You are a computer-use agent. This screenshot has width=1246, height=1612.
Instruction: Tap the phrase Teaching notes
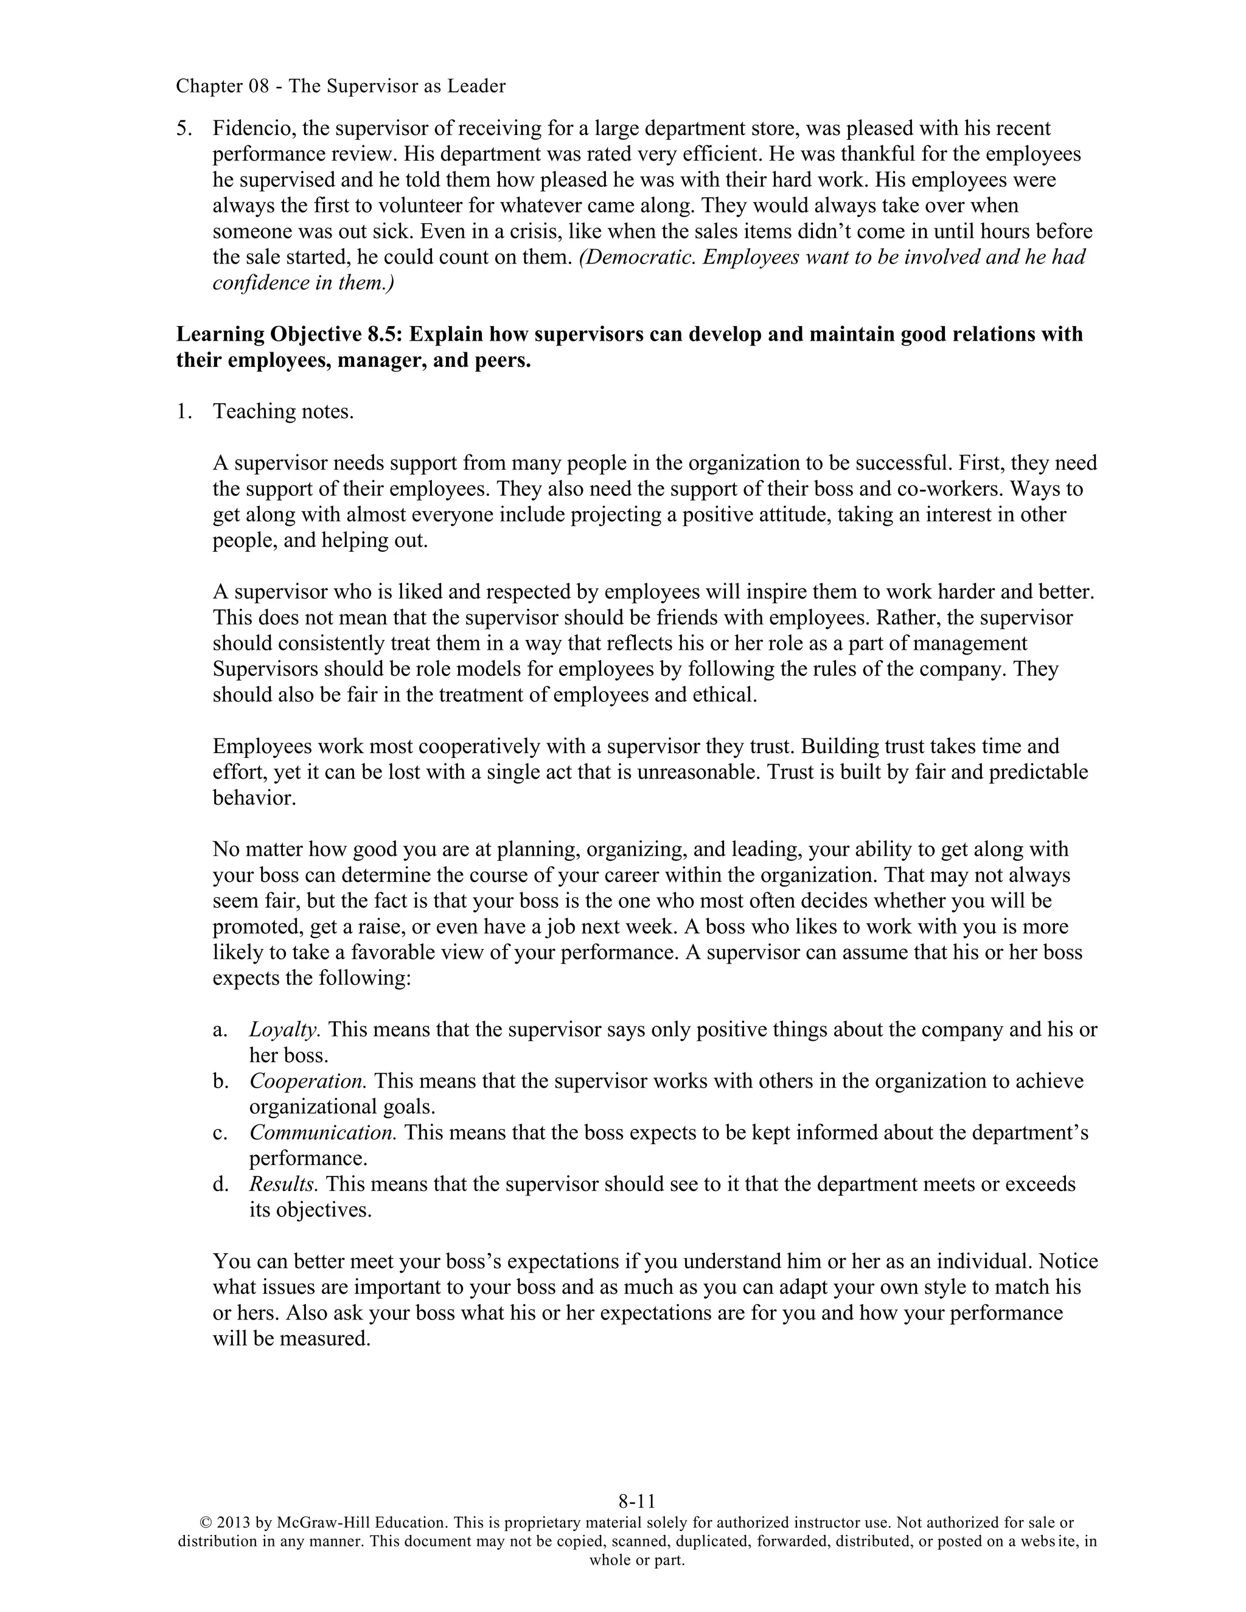(x=284, y=411)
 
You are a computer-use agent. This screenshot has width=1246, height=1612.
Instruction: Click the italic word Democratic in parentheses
(x=637, y=257)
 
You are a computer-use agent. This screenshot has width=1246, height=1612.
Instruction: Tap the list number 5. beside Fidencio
(x=184, y=128)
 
